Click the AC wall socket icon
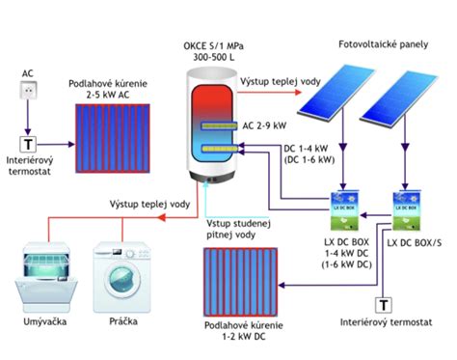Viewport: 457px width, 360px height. [28, 90]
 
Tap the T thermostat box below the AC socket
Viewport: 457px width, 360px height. [28, 144]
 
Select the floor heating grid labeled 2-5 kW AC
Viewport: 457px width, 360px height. [113, 138]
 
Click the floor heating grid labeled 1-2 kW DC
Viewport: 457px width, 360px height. [240, 282]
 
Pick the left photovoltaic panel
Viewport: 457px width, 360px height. [336, 91]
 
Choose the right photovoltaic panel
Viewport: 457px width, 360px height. [398, 97]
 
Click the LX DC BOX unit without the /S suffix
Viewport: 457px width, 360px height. [345, 211]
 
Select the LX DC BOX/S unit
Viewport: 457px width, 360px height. [407, 211]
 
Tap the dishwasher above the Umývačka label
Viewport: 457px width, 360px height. [46, 277]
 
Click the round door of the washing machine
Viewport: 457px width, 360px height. [122, 279]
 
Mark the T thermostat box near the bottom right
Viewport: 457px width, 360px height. [384, 305]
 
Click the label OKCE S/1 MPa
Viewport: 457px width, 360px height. [213, 46]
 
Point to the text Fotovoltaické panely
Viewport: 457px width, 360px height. [384, 44]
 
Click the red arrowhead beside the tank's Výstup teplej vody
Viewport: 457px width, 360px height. [298, 93]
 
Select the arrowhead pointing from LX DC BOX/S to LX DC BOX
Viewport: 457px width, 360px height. [363, 215]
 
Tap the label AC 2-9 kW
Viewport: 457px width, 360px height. [264, 125]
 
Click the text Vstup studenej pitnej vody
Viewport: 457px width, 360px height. [238, 229]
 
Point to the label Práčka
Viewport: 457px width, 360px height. [123, 321]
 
